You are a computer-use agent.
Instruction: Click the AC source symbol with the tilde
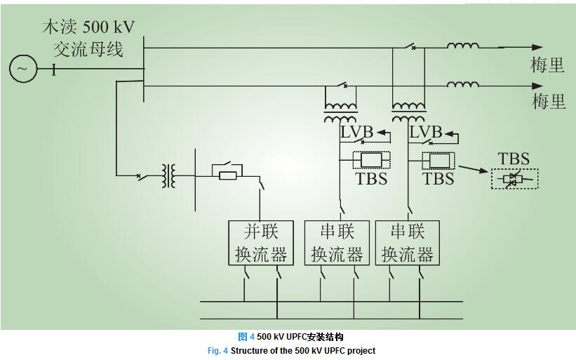coord(22,68)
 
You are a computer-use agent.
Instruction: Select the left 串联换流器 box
coord(337,243)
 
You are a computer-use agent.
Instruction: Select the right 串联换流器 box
coord(407,243)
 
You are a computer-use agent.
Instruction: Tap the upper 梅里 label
coord(548,66)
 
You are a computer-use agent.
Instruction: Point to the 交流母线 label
coord(88,51)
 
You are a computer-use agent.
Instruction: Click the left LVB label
coord(357,132)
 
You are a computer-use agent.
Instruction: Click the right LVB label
coord(425,132)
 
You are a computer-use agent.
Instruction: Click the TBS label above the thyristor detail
coord(513,159)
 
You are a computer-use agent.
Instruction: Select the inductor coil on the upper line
coord(464,46)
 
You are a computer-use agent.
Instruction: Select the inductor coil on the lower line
coord(464,85)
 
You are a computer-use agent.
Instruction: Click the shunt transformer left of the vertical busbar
coord(168,176)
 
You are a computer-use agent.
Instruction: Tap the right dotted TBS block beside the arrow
coord(438,161)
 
